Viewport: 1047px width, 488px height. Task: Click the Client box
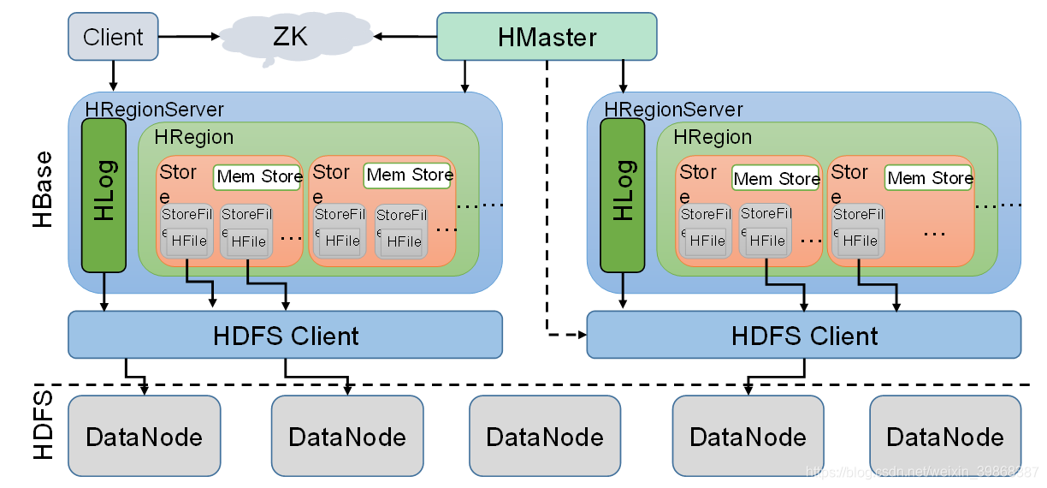tap(113, 37)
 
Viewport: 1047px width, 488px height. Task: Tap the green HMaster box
tap(547, 37)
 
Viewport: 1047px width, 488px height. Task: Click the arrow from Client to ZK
tap(188, 37)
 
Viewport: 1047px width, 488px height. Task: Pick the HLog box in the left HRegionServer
tap(104, 195)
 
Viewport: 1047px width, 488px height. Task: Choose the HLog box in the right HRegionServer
tap(622, 195)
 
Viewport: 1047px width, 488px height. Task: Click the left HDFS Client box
tap(285, 335)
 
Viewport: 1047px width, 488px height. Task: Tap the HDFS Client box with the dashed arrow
tap(803, 335)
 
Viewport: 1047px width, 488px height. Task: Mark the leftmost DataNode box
tap(144, 437)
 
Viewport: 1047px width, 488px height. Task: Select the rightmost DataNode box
tap(945, 437)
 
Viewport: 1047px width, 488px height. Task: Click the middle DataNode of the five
tap(545, 437)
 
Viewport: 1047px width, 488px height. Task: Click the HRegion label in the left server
tap(193, 137)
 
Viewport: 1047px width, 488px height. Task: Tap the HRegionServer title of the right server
tap(673, 110)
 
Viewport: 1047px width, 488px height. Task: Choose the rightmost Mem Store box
tap(930, 178)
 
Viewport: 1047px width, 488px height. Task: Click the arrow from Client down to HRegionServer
tap(113, 77)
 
